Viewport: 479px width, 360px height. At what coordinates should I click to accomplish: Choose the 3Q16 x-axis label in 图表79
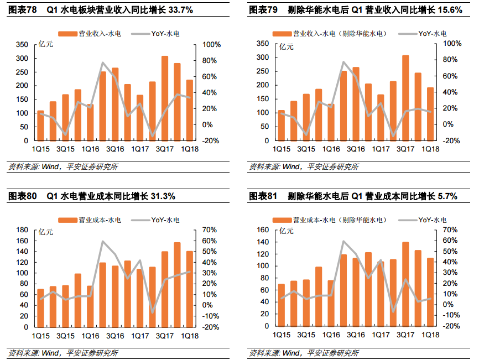coord(355,149)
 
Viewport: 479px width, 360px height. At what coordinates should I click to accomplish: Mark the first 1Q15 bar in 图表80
coord(40,308)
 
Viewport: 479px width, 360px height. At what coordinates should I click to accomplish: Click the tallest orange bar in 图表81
coord(405,284)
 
